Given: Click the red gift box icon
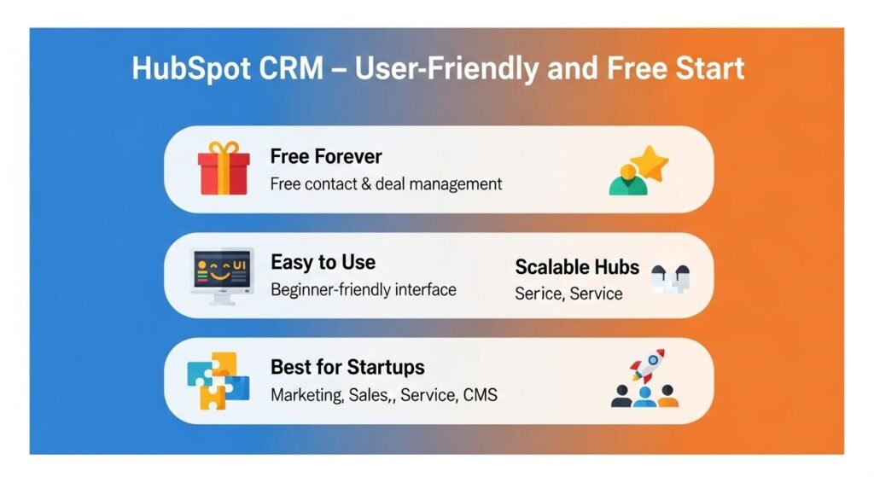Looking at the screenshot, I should pyautogui.click(x=223, y=169).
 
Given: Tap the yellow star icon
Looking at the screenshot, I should pyautogui.click(x=651, y=162).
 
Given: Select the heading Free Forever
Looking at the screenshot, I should pyautogui.click(x=325, y=156).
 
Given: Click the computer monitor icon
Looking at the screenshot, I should pyautogui.click(x=222, y=276).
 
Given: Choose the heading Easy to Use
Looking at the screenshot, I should pyautogui.click(x=323, y=262).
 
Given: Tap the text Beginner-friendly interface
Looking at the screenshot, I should pyautogui.click(x=363, y=289).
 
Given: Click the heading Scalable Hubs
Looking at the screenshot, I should pyautogui.click(x=576, y=266).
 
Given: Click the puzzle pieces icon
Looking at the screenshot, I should pyautogui.click(x=218, y=381).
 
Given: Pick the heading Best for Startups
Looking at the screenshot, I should pyautogui.click(x=347, y=367).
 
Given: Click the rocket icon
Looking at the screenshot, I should pyautogui.click(x=648, y=365).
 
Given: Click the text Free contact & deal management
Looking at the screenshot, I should pyautogui.click(x=386, y=183).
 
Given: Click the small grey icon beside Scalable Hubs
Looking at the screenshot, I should pyautogui.click(x=669, y=279).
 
